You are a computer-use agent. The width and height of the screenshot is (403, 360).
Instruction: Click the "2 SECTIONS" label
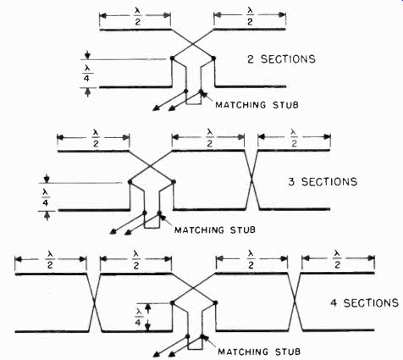[x=281, y=59]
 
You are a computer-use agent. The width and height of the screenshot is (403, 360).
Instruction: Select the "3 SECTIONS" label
[x=323, y=181]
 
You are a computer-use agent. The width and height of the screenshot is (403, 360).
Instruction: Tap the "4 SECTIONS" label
[x=364, y=303]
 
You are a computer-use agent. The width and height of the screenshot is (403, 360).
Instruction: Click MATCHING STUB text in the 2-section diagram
[x=257, y=105]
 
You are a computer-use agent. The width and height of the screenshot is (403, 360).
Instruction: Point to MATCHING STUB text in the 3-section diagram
[x=215, y=230]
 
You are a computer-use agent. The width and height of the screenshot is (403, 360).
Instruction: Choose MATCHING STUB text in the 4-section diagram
[x=259, y=352]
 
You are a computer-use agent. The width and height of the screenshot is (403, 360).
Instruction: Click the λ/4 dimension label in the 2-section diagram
[x=86, y=73]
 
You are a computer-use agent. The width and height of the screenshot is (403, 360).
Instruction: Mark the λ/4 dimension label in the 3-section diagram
[x=46, y=197]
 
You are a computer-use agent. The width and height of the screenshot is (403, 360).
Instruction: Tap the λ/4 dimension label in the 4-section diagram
[x=138, y=317]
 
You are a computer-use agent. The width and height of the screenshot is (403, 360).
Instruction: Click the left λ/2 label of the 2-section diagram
[x=137, y=17]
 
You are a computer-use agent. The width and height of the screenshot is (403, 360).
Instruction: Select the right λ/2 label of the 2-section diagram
[x=250, y=17]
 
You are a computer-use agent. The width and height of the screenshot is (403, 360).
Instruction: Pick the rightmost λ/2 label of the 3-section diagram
[x=294, y=138]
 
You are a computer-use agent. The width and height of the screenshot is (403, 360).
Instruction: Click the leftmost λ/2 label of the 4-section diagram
[x=51, y=260]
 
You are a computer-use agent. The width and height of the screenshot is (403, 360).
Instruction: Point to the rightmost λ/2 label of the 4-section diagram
[x=337, y=259]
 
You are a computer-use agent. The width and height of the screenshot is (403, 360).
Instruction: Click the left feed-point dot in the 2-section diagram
[x=172, y=58]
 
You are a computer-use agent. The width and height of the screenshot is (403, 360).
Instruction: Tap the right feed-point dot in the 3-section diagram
[x=174, y=181]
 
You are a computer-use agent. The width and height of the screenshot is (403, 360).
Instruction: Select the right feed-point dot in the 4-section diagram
[x=215, y=302]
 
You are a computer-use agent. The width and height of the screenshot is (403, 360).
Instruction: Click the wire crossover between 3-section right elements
[x=251, y=180]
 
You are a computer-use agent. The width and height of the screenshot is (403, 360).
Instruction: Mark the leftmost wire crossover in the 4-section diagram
[x=94, y=302]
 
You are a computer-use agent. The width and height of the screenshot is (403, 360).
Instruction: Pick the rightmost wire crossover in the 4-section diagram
[x=295, y=302]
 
